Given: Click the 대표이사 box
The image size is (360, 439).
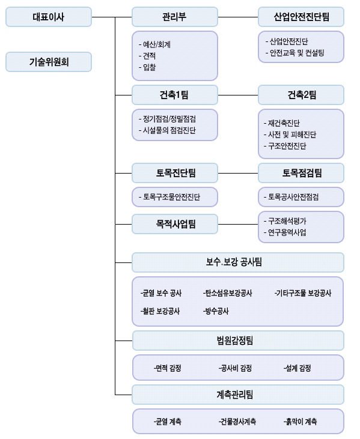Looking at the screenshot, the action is pos(49,17).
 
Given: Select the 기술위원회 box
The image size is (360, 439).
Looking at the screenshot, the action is pos(49,62).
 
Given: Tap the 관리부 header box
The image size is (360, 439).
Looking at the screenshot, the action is pos(175,17).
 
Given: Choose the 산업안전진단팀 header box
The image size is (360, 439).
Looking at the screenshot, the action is pos(301,17).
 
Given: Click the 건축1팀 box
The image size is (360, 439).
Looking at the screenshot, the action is pos(175,95).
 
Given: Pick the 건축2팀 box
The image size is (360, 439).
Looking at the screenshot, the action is pos(301,95).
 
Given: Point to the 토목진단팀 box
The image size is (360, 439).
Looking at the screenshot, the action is pos(175,173).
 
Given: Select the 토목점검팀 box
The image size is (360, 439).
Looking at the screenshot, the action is pos(301,173).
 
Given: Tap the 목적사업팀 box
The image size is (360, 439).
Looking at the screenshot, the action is pos(175,224).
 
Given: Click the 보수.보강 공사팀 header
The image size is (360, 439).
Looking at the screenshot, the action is pos(238,262).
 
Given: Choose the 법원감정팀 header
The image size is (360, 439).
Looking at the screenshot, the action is pos(238,341).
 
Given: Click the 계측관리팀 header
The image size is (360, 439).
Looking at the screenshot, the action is pos(238,395).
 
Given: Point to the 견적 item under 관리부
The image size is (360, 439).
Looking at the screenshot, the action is pos(147,56).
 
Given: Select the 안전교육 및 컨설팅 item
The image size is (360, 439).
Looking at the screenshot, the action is pos(294,53).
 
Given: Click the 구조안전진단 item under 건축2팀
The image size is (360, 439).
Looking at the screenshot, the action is pos(285,146).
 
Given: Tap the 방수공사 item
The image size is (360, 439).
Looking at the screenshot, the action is pos(216,311).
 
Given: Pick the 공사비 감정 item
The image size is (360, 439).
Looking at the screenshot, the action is pos(235,368).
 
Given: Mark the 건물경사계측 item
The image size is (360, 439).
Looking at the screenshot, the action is pos(237,422).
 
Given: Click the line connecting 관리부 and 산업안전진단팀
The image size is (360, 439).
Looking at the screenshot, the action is pos(238,17).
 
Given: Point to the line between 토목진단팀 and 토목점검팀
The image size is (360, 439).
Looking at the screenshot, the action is pos(238,174).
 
